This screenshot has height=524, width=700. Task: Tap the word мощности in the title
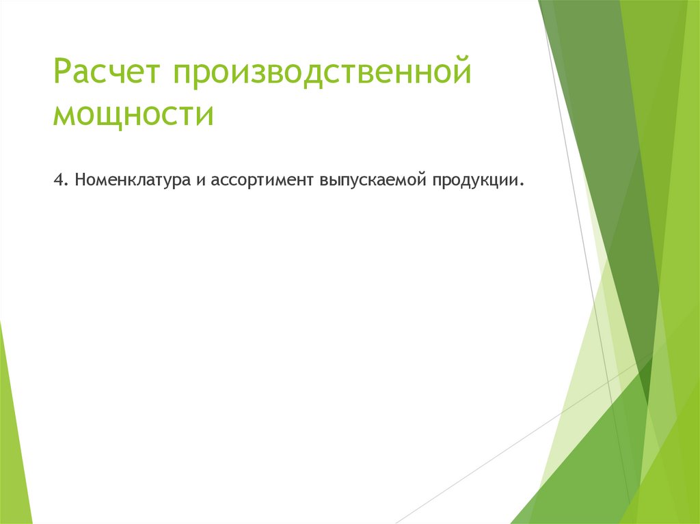coord(133,113)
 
